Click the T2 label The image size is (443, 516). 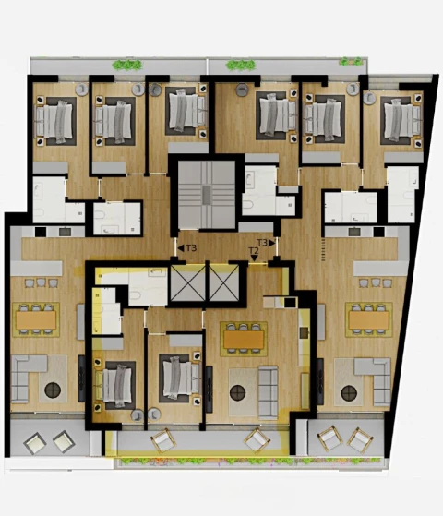(x=254, y=250)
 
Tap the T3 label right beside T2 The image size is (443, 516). (x=262, y=243)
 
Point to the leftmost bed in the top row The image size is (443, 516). (x=54, y=119)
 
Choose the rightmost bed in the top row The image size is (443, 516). (x=401, y=117)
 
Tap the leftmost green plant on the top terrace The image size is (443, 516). (x=127, y=65)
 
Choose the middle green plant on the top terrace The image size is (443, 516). (x=240, y=65)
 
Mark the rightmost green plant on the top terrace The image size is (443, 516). (x=348, y=62)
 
